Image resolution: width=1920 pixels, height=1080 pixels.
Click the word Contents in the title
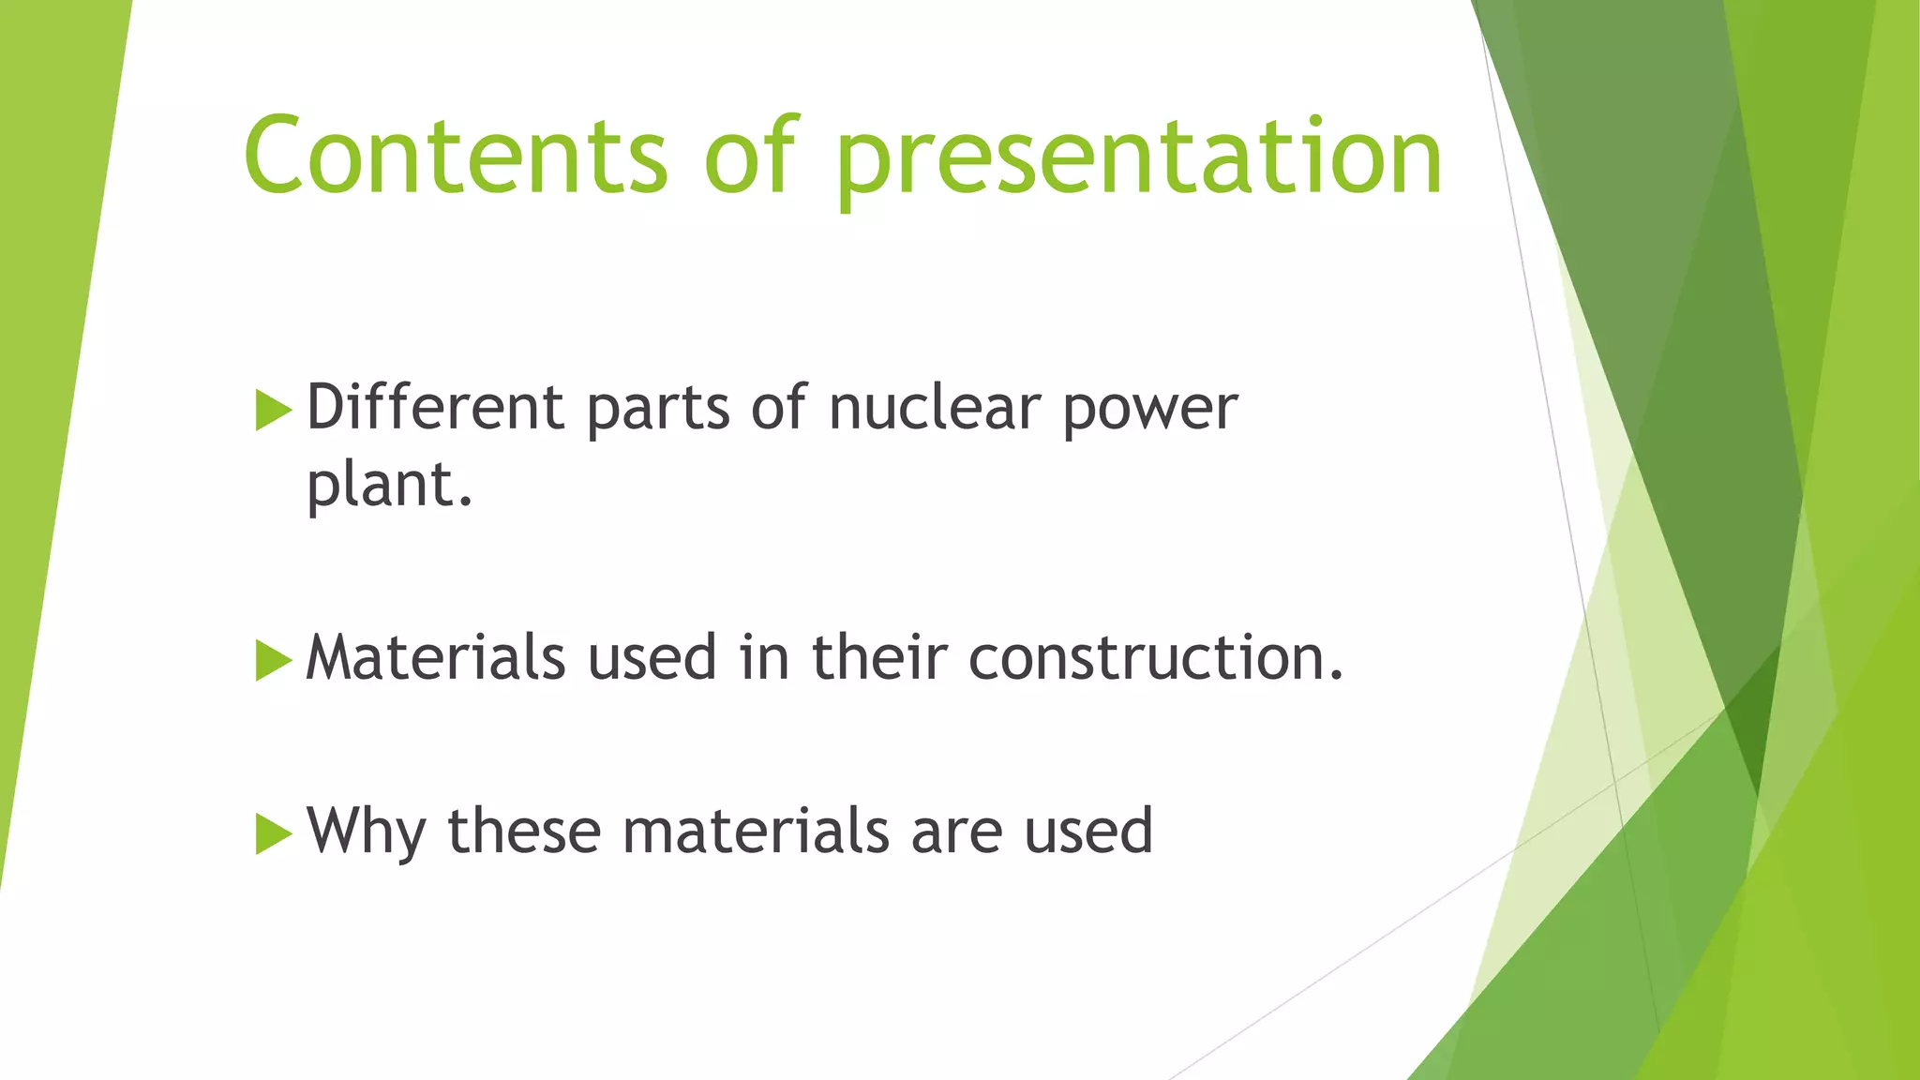coord(456,156)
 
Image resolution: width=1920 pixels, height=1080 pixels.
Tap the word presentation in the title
coord(1138,159)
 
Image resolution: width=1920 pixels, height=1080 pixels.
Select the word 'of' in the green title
coord(751,156)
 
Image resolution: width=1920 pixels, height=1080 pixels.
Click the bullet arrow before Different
coord(273,411)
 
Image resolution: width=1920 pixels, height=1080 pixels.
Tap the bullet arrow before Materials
coord(273,660)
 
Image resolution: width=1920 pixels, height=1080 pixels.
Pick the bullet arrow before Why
coord(273,833)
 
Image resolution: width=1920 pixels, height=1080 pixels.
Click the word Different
coord(435,408)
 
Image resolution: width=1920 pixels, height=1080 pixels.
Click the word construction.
coord(1155,657)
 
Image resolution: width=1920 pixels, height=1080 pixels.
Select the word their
coord(879,657)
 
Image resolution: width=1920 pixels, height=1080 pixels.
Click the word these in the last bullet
coord(524,832)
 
